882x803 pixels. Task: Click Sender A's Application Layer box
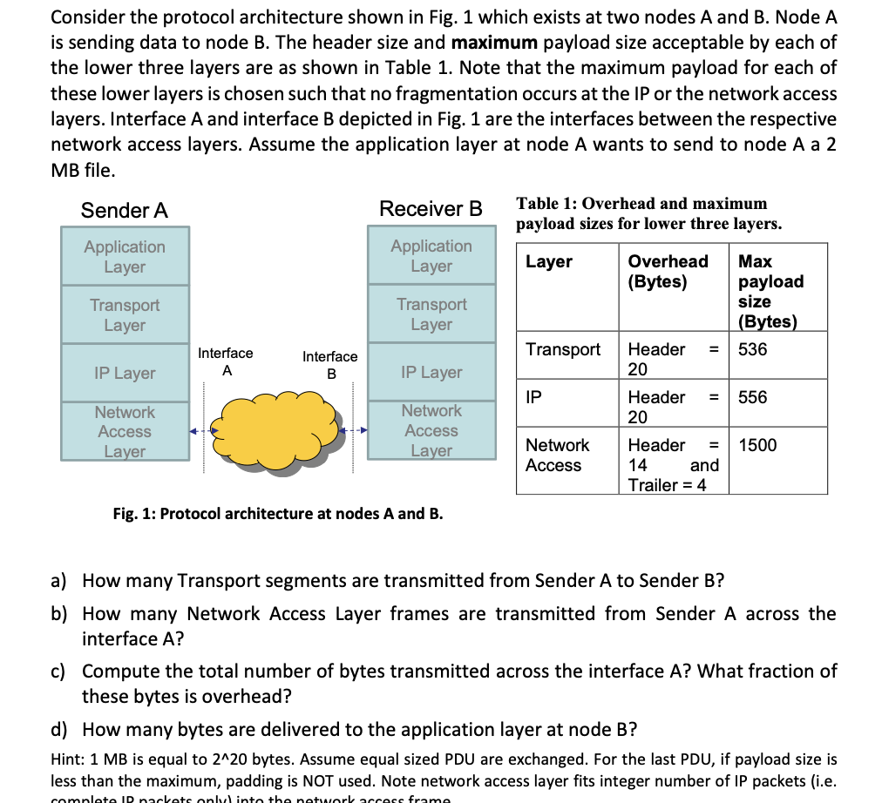point(125,256)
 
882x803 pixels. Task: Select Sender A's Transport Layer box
point(125,314)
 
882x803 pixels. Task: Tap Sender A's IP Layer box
point(125,373)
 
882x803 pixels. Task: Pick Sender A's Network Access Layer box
point(125,431)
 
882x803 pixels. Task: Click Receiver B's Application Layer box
point(431,255)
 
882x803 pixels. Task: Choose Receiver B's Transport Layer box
point(431,314)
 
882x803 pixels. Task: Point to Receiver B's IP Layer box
point(431,372)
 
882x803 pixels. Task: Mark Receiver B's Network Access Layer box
point(431,430)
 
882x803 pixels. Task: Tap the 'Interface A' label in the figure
point(226,361)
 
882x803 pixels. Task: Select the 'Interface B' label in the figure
point(329,365)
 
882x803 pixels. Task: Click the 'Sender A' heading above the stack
point(125,211)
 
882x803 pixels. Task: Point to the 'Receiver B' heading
point(431,209)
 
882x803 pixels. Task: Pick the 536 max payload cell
point(753,349)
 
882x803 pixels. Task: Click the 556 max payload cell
point(753,397)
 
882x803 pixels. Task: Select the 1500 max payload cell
point(757,445)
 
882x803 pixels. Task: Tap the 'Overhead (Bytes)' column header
point(668,271)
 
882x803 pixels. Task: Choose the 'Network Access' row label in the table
point(557,455)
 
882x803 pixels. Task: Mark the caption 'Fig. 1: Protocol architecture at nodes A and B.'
point(278,513)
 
